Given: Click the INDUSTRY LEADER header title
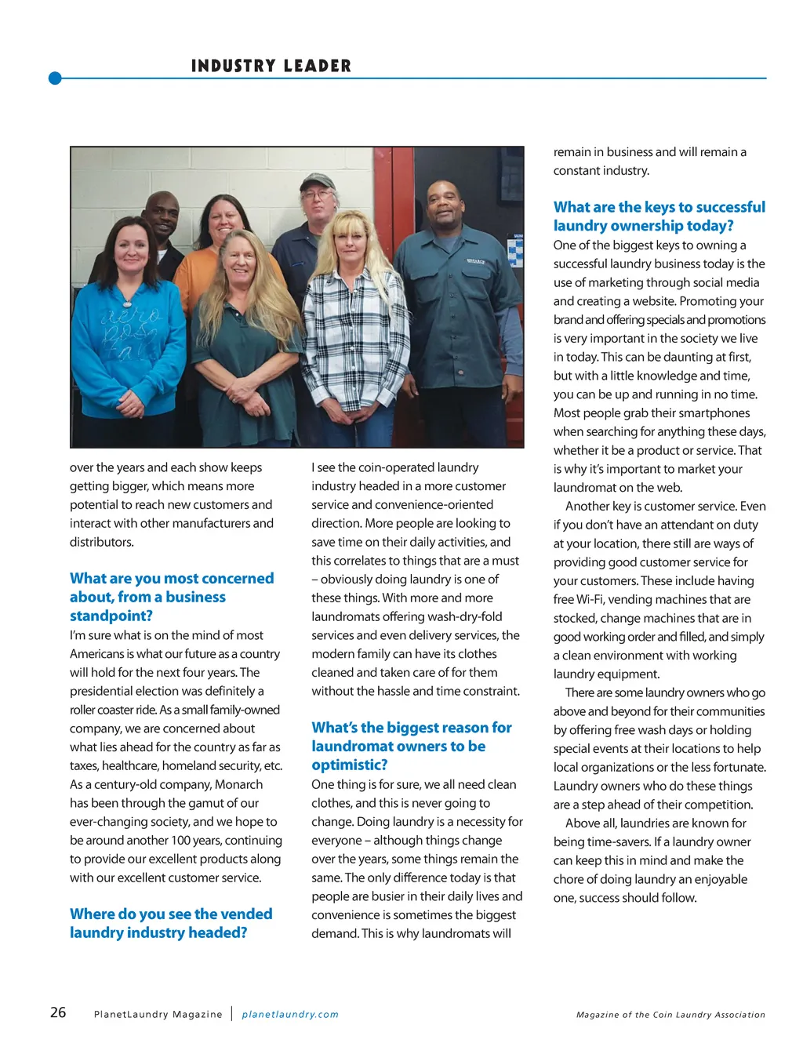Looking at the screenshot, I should coord(271,66).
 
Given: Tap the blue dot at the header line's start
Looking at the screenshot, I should coord(55,78).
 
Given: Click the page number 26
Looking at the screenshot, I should coord(58,1012).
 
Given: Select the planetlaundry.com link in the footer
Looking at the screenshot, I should coord(290,1014).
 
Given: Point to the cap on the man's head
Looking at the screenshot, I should coord(318,182).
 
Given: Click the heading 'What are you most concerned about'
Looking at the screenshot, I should coord(172,578).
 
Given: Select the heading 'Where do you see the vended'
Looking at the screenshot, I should coord(171,914).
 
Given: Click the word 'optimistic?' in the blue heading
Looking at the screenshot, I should coord(349,765).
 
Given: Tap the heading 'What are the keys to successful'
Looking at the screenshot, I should coord(659,207).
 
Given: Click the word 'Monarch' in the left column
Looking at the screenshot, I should coord(238,784).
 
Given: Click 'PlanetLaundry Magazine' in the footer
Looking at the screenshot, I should coord(158,1014).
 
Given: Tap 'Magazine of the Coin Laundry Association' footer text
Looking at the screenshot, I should coord(670,1015).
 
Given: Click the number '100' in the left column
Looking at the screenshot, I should coord(183,840).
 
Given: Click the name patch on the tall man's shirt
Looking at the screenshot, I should coord(476,261).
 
